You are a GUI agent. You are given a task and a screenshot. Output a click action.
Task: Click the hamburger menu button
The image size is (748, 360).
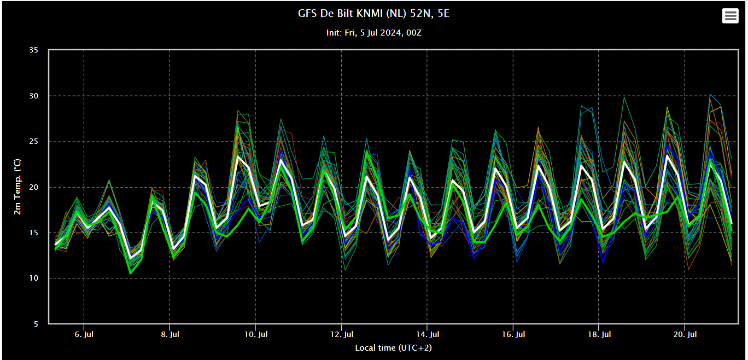730,16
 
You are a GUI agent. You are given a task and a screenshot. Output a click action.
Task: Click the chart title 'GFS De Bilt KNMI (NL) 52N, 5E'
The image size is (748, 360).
374,14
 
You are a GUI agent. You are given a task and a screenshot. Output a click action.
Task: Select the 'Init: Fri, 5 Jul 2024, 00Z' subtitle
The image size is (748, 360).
374,33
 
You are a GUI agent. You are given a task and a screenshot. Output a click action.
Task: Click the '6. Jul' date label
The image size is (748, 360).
84,334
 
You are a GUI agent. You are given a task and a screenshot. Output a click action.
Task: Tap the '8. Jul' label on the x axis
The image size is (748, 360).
170,334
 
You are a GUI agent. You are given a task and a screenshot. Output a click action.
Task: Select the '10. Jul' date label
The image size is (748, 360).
255,334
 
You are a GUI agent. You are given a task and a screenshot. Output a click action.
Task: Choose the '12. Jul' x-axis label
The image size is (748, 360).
341,334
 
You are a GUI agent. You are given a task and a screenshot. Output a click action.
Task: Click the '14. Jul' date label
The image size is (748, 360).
427,334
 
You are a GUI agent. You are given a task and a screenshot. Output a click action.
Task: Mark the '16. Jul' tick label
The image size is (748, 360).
513,334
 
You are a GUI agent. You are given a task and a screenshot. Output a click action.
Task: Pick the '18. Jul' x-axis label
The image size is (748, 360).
599,334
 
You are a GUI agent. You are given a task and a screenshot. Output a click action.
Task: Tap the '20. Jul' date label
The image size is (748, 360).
685,334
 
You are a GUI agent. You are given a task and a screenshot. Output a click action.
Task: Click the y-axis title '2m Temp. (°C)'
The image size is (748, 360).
17,187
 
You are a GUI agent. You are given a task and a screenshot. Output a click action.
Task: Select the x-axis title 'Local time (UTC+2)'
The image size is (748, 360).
389,348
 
